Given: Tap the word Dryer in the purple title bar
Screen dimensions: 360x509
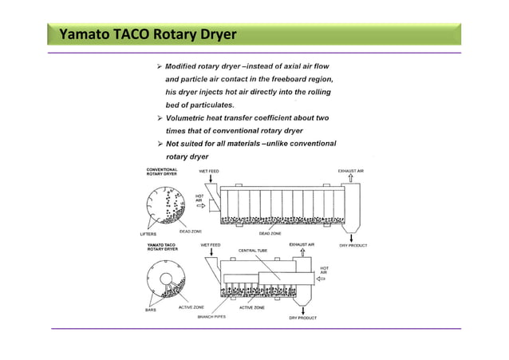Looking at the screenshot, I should pos(206,35).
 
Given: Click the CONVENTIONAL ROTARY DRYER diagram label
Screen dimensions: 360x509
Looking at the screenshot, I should pos(163,172).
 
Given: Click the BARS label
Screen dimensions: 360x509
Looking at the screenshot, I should pos(150,309).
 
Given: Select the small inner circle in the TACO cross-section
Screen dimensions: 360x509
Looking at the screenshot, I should pos(169,282).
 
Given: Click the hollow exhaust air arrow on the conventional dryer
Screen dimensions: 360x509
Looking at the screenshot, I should pos(351,178).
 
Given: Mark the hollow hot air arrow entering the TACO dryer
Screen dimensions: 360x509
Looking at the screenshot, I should pos(322,279).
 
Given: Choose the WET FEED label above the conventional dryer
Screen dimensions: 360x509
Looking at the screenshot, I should pos(209,172).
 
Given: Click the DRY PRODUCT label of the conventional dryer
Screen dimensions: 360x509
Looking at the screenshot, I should pos(353,245).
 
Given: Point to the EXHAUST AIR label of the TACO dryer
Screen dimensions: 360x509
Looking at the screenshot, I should pos(302,244).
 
